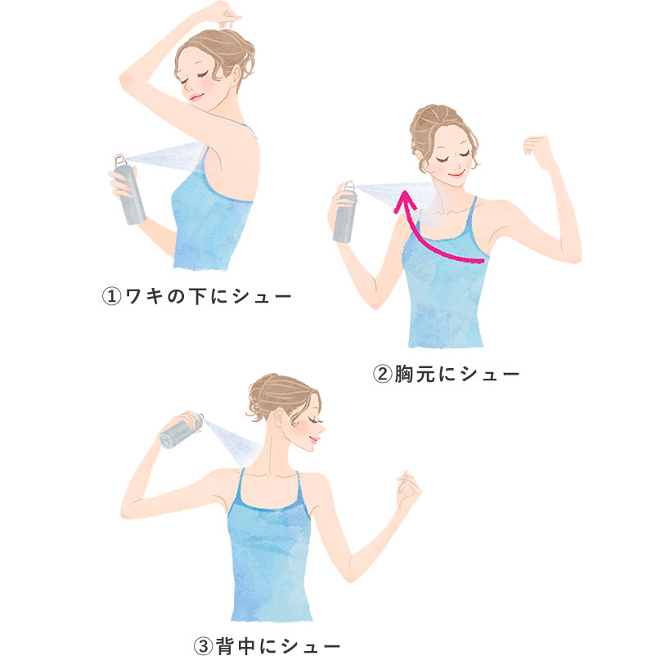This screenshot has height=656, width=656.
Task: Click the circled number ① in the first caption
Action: pos(112,297)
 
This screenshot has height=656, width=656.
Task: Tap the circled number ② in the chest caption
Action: pos(382,374)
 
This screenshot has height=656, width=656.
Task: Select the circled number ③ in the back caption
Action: pos(204,646)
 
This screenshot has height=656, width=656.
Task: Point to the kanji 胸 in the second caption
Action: pos(404,374)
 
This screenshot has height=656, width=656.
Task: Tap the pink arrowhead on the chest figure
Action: pos(405,201)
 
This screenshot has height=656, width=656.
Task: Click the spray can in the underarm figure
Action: pos(129,191)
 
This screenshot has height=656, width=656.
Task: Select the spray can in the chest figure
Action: pos(344,213)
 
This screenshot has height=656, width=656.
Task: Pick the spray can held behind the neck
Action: pos(182,431)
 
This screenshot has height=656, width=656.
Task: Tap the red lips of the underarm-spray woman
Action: pos(195,97)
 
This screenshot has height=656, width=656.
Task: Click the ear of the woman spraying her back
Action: pos(278,418)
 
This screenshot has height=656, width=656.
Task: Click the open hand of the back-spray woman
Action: pos(408,490)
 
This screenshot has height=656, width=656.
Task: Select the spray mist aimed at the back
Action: pos(233,441)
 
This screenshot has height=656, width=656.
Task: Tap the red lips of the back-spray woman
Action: pos(314,439)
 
